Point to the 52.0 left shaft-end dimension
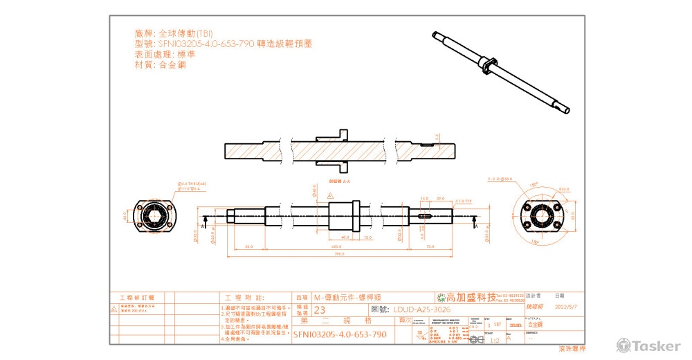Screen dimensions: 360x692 coord(248,246)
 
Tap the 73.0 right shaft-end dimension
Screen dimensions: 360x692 coord(430,246)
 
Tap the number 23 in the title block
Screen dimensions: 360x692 coord(320,309)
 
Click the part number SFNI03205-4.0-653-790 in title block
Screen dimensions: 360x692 coord(340,334)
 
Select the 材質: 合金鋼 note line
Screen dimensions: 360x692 coord(160,64)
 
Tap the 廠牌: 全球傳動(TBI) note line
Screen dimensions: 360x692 coord(174,33)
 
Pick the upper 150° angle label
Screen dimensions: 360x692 coord(534,185)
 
